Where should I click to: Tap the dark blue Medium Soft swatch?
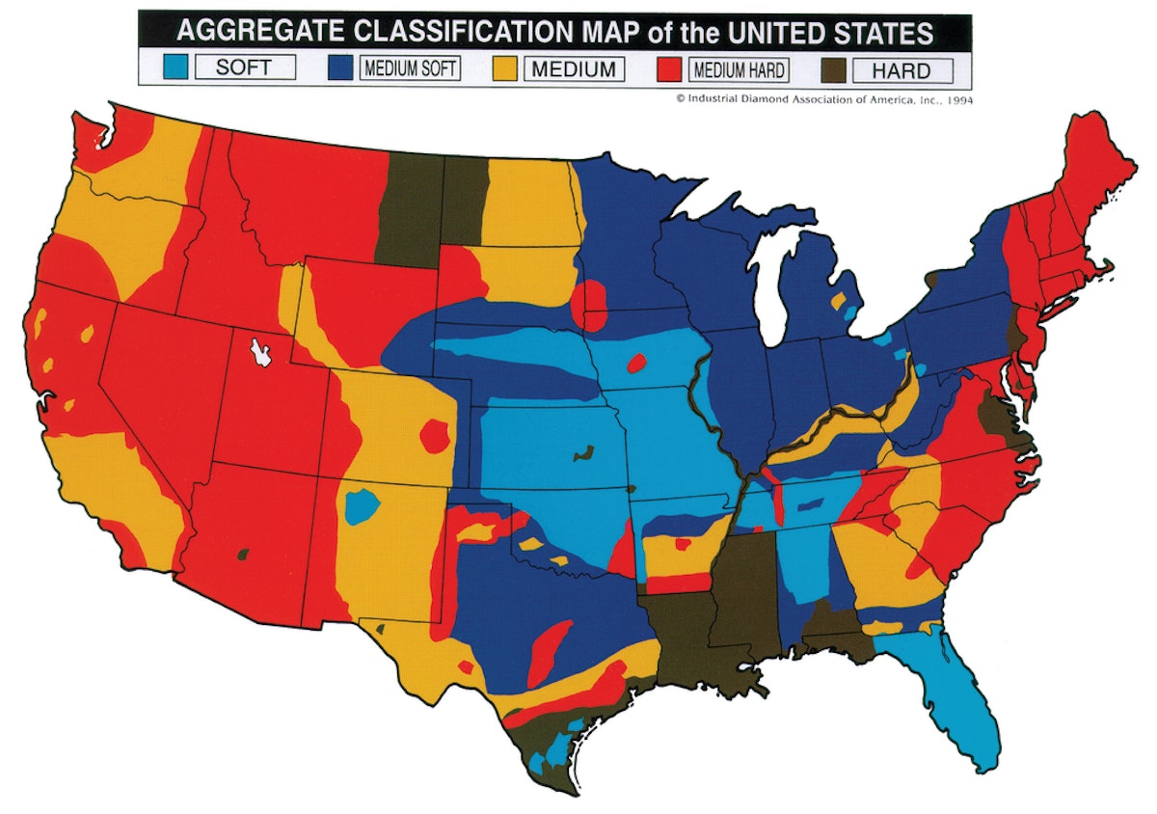point(340,68)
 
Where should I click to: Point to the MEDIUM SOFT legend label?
point(409,68)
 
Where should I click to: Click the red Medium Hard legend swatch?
point(672,68)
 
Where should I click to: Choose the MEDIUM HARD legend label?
point(740,68)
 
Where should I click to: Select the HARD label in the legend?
point(901,68)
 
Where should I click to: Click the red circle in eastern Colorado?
point(434,435)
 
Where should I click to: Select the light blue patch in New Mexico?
point(361,505)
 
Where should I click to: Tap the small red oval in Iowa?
point(635,363)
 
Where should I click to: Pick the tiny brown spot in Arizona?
point(244,554)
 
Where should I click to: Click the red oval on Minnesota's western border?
point(590,303)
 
